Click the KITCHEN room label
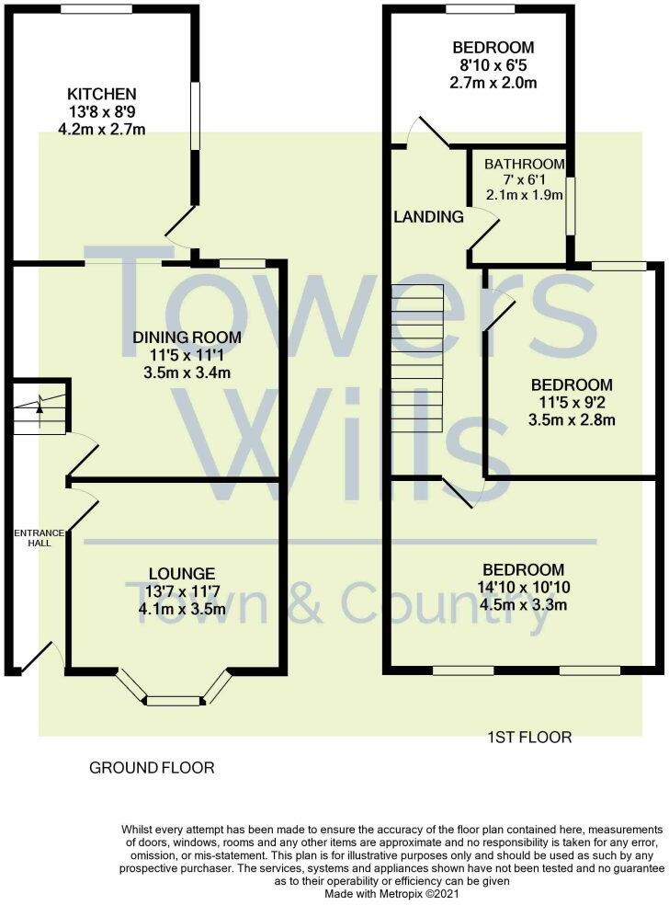tap(101, 94)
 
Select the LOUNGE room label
tap(174, 573)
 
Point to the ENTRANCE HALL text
tap(39, 538)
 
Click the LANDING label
tap(428, 218)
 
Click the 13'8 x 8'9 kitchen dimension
tap(101, 112)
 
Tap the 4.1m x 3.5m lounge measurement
tap(174, 608)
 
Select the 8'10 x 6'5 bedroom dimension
tap(493, 65)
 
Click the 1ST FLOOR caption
tap(530, 737)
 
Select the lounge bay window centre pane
tap(174, 701)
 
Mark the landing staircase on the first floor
tap(417, 360)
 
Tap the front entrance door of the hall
tap(39, 654)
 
